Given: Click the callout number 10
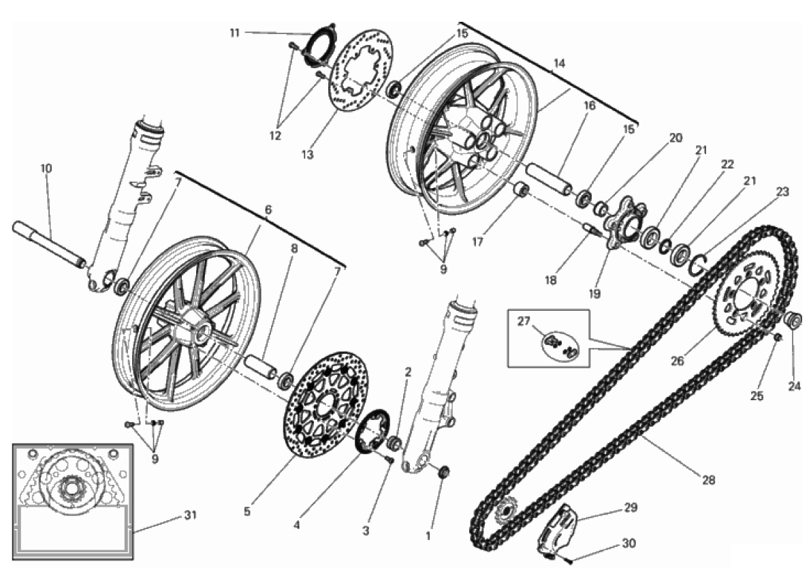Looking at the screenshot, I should (46, 168).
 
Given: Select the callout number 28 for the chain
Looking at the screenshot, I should (708, 480).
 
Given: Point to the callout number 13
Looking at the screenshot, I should (307, 155).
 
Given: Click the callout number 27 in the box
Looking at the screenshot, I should (523, 322).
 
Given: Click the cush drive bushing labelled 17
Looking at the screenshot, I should (522, 188).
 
